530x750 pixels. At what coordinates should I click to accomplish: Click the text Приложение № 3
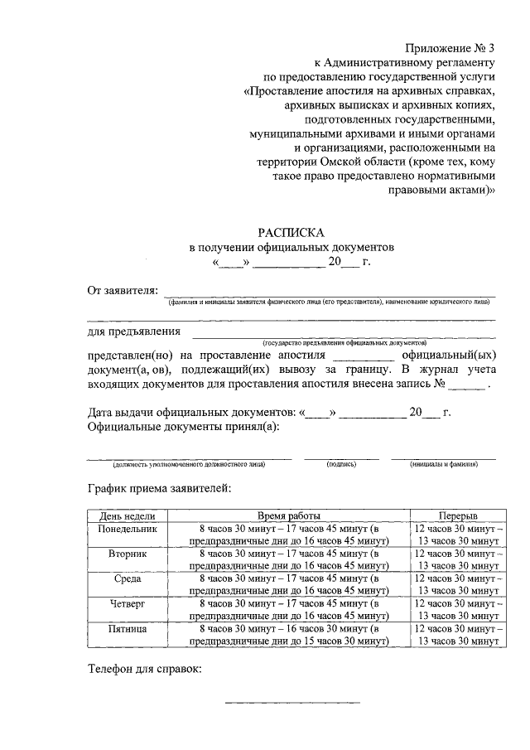point(450,48)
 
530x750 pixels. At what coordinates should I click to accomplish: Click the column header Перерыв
point(457,515)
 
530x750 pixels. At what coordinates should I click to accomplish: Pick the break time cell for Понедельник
point(457,535)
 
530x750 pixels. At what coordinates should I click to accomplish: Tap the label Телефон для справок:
point(145,669)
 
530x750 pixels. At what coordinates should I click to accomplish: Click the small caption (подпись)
point(341,466)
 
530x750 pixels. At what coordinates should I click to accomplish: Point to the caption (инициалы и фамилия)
point(443,466)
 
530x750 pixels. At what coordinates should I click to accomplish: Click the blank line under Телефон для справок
point(293,703)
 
